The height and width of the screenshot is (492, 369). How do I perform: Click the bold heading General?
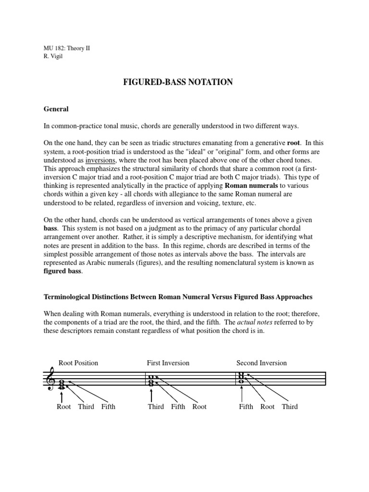tap(56, 109)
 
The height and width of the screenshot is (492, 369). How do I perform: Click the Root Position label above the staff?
tap(78, 363)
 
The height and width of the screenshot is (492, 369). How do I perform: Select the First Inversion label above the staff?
tap(168, 363)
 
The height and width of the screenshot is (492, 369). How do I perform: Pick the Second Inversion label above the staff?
tap(261, 363)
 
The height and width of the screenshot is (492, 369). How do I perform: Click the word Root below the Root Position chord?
tap(64, 406)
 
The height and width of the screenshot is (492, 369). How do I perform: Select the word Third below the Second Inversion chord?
tap(290, 406)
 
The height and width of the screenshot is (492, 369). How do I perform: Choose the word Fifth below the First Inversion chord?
tap(178, 406)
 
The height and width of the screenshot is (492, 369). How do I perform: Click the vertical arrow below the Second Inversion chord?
tap(242, 394)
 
